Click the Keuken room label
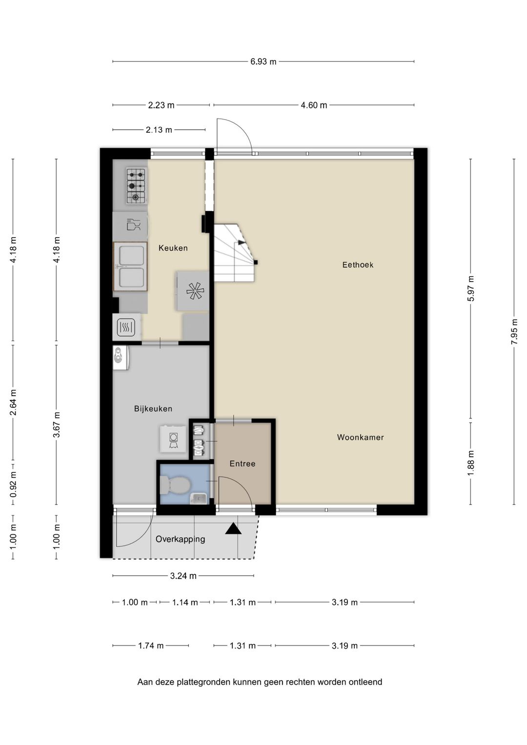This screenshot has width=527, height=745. (173, 248)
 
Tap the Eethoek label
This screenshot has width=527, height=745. (358, 265)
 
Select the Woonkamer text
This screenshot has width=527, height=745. (360, 437)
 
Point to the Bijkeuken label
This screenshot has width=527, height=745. (153, 408)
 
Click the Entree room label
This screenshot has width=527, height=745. (243, 463)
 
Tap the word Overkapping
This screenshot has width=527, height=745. (181, 539)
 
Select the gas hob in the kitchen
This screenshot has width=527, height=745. (136, 185)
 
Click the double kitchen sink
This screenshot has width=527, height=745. (130, 266)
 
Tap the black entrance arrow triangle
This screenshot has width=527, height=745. (233, 528)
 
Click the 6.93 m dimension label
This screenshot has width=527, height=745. (263, 61)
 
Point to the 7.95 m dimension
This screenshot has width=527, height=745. (514, 332)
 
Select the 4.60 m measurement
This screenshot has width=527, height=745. (314, 105)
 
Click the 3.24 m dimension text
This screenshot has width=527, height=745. (183, 576)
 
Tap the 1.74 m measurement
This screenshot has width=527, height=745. (151, 645)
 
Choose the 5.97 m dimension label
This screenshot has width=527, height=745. (471, 288)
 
